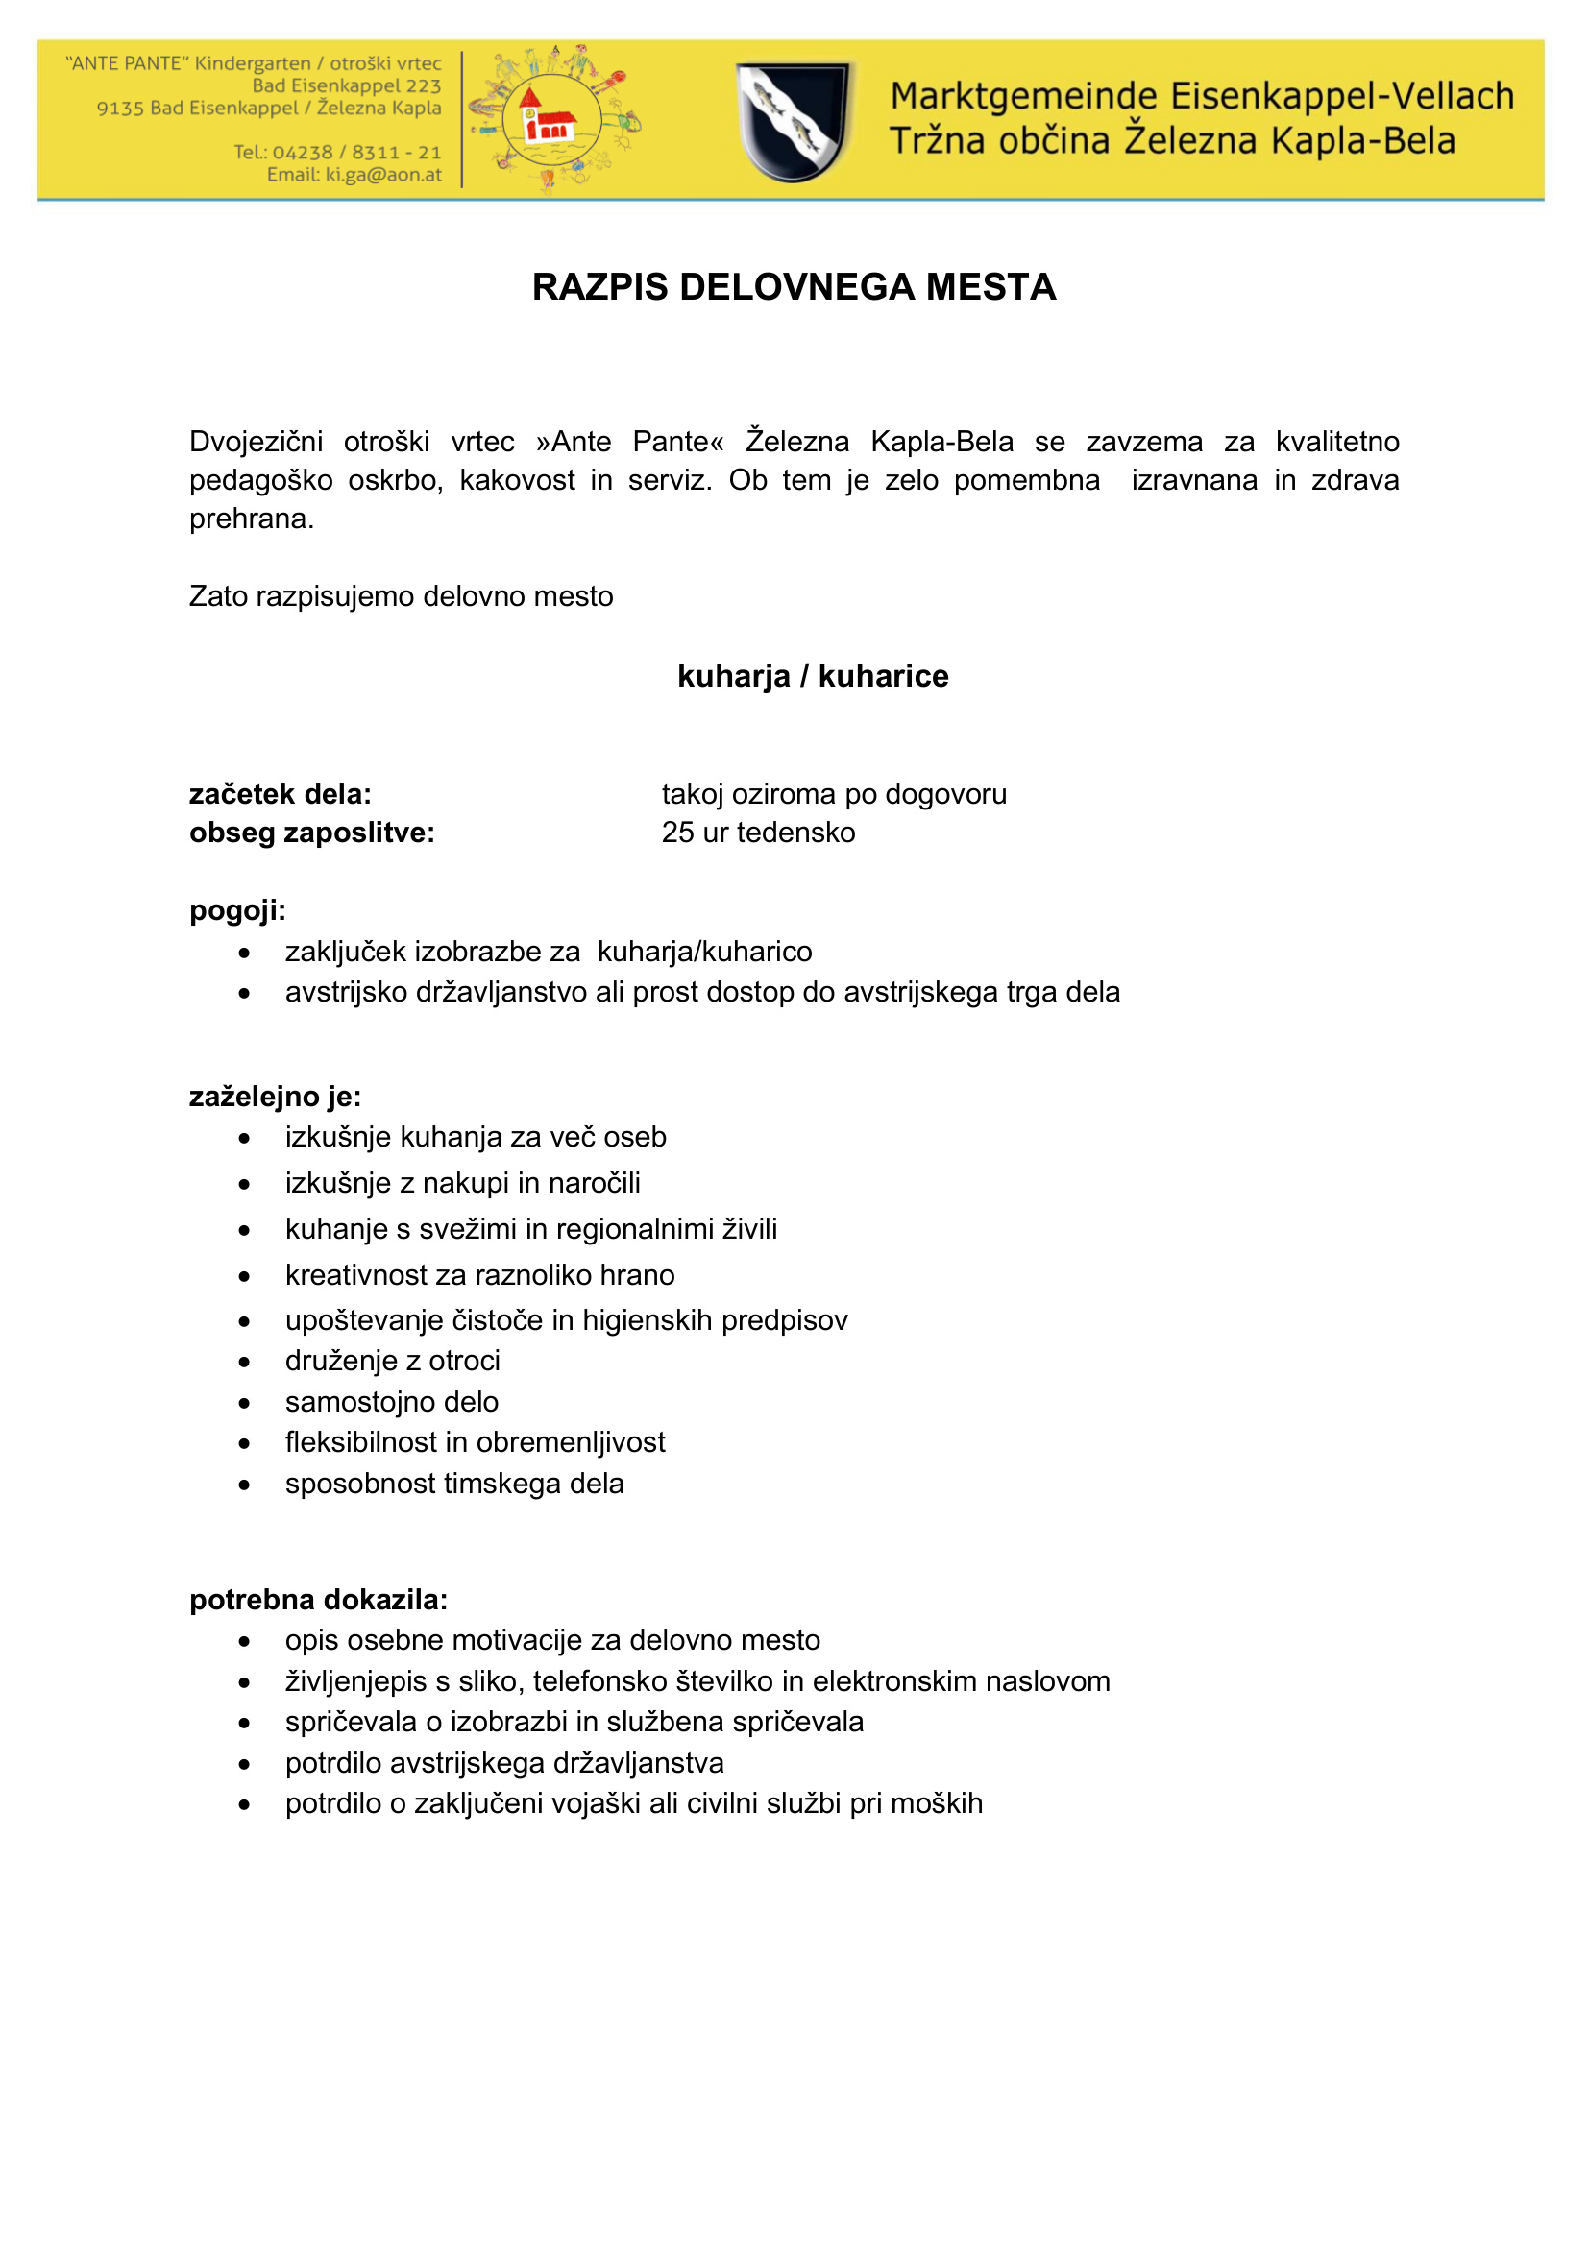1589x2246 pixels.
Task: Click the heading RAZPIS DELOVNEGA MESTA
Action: click(794, 286)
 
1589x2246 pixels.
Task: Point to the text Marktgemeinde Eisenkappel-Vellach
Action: click(1202, 97)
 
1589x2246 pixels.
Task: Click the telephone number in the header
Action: click(337, 153)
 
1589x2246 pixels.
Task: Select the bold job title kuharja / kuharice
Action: click(812, 676)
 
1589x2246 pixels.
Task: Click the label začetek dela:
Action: click(280, 793)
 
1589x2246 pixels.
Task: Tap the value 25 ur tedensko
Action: click(758, 833)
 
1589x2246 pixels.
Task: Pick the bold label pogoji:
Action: click(237, 910)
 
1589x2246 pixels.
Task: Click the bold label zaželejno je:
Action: click(275, 1097)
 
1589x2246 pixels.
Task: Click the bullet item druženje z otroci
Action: click(392, 1361)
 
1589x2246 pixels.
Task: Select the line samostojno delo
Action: click(391, 1402)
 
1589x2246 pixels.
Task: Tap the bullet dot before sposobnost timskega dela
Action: click(245, 1485)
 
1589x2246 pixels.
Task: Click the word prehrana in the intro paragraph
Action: click(252, 519)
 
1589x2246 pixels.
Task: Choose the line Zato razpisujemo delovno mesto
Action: click(402, 596)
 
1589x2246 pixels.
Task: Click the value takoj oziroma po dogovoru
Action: click(834, 793)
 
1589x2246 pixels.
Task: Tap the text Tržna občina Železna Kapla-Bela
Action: click(1171, 141)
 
